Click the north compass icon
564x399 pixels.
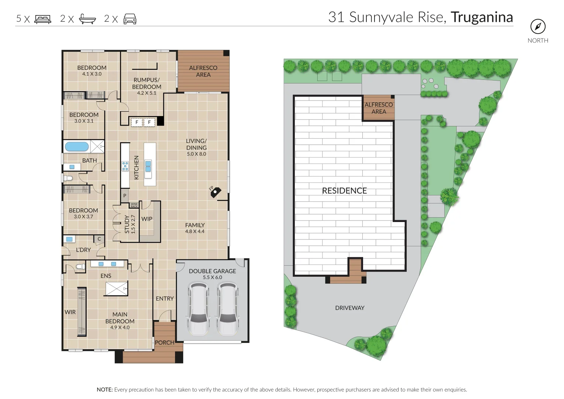click(538, 27)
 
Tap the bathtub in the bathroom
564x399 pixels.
click(77, 147)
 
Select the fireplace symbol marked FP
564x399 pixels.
click(215, 193)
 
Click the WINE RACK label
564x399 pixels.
click(134, 205)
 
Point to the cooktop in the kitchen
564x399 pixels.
click(125, 166)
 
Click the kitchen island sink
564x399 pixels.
click(148, 166)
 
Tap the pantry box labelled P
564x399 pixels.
click(124, 196)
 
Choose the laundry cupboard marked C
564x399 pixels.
click(99, 239)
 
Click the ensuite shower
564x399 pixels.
click(117, 289)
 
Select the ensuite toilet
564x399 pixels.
click(81, 266)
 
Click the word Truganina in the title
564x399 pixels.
click(482, 17)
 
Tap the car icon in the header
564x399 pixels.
click(130, 19)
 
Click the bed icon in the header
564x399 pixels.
click(43, 19)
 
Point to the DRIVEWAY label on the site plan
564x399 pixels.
click(350, 308)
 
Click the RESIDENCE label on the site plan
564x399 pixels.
click(345, 191)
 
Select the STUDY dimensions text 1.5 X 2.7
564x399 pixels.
click(133, 224)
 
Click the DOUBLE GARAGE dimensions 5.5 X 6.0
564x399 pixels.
click(212, 277)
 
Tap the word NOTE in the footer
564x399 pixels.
click(105, 390)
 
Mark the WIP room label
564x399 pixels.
click(147, 219)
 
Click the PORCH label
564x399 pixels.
click(165, 342)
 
